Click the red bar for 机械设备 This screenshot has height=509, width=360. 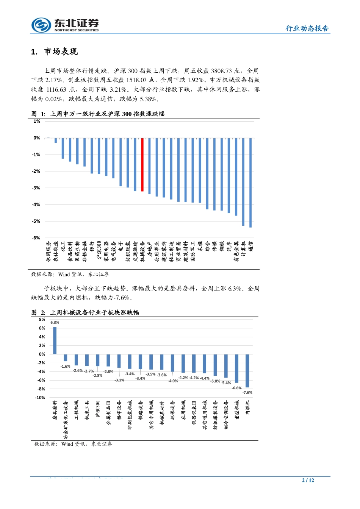142,164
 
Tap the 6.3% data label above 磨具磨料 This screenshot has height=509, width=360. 55,323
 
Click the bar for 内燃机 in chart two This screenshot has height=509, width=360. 247,371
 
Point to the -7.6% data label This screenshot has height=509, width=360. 247,393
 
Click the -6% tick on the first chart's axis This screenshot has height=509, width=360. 36,238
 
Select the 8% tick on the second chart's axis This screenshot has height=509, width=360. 42,319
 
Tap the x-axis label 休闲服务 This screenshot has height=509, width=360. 49,252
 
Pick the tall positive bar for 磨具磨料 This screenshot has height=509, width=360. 55,340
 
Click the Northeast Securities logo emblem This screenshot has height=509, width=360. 41,25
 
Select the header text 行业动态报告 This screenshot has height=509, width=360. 307,28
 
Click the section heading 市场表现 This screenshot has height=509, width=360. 61,52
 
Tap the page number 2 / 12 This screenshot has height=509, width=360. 308,480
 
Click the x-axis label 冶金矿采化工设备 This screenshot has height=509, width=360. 66,420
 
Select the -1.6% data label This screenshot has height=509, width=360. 66,367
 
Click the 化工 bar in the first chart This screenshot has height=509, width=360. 63,148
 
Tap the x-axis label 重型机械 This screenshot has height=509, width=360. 237,410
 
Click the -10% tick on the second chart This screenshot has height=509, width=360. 40,398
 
